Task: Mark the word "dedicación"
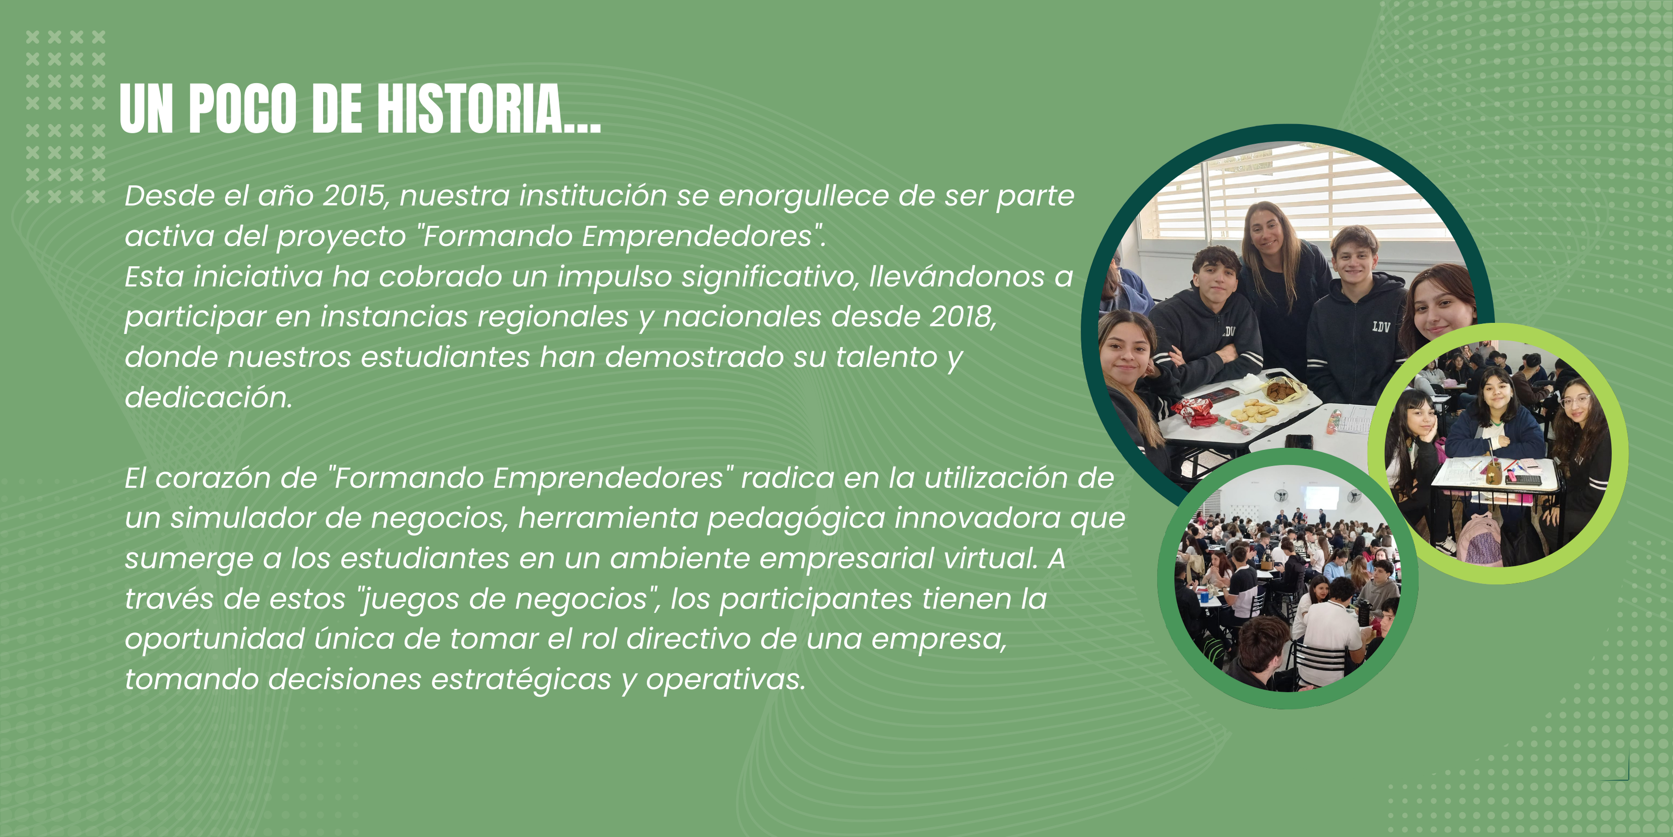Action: (208, 397)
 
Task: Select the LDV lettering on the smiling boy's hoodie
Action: (1381, 326)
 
